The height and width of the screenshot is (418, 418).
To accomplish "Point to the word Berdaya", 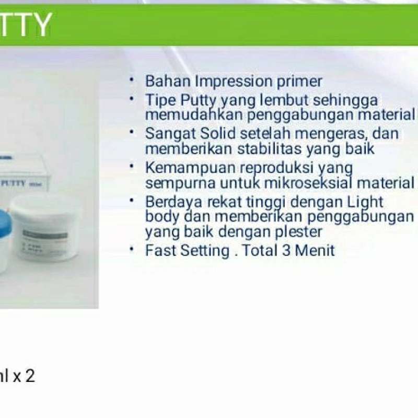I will tap(171, 202).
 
